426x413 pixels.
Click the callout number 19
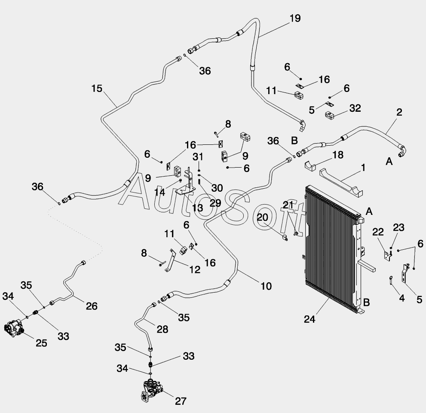[x=295, y=18]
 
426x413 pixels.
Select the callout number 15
[x=97, y=89]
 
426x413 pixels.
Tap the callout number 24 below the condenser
[x=310, y=319]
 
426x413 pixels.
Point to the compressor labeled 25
[x=14, y=328]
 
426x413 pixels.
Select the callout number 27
[x=181, y=401]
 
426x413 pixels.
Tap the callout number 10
[x=266, y=286]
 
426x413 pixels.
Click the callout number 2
[x=399, y=112]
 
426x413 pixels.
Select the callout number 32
[x=355, y=108]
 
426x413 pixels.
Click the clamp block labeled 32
[x=331, y=115]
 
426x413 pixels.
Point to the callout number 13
[x=197, y=208]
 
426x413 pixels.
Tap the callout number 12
[x=195, y=269]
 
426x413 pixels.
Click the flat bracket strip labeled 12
[x=171, y=260]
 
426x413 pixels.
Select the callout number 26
[x=92, y=306]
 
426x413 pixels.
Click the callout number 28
[x=162, y=329]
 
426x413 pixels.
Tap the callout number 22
[x=378, y=232]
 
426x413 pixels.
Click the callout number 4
[x=402, y=298]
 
